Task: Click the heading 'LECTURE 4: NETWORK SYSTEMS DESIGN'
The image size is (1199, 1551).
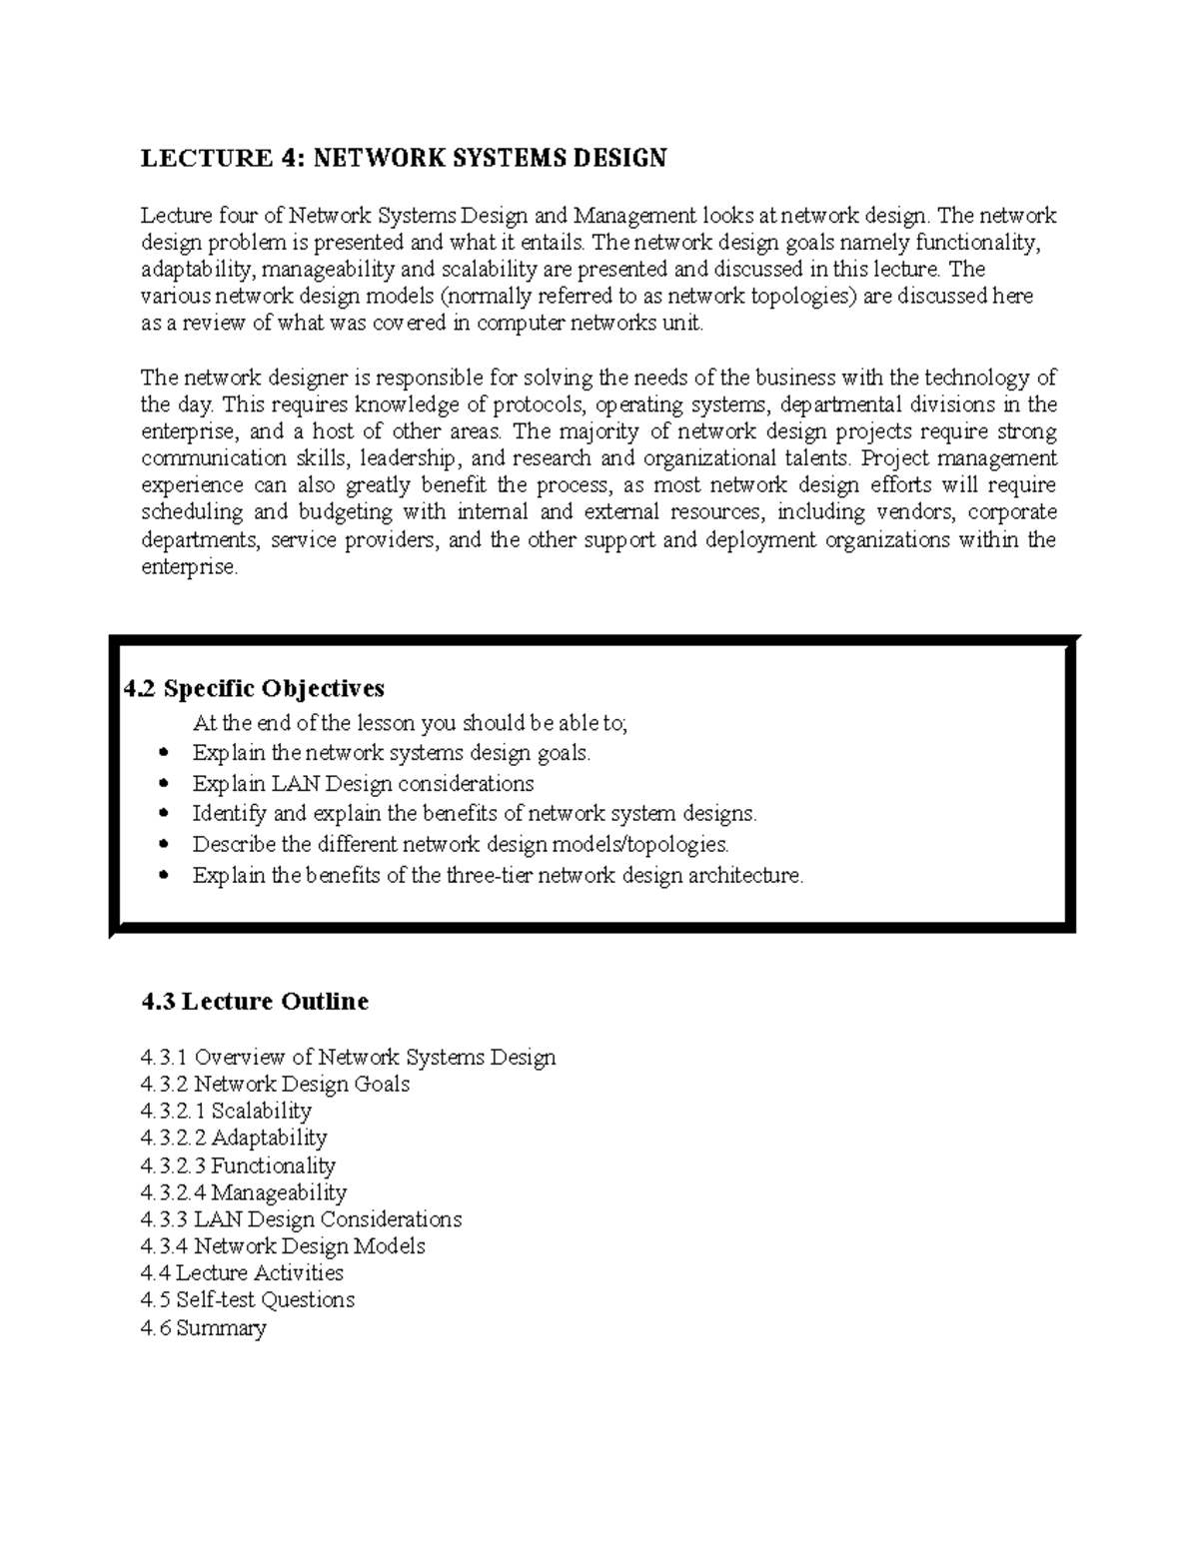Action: click(403, 158)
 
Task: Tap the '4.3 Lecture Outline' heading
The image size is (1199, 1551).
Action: click(255, 1001)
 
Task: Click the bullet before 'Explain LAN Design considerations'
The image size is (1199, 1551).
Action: click(166, 784)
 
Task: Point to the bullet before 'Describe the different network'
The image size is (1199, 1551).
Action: click(166, 845)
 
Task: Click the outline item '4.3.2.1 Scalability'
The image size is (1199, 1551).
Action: click(226, 1111)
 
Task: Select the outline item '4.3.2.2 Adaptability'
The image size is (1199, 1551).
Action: click(234, 1138)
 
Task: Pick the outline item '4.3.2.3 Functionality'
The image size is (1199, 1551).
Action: click(238, 1165)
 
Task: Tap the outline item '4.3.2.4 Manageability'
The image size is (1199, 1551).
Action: click(244, 1192)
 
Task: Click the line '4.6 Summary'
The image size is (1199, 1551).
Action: click(204, 1327)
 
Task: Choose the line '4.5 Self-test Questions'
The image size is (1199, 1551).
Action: click(248, 1299)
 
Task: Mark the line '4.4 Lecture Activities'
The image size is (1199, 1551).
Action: click(242, 1272)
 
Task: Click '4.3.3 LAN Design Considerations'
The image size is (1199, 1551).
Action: click(301, 1219)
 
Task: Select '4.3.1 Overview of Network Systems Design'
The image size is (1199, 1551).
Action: click(348, 1057)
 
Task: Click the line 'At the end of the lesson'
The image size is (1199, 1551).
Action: click(410, 723)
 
